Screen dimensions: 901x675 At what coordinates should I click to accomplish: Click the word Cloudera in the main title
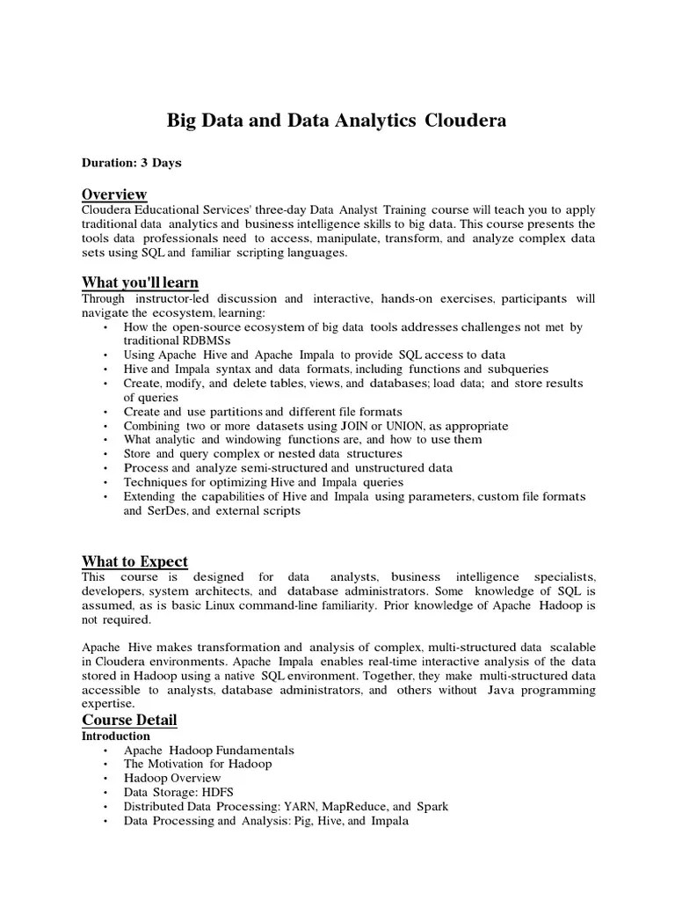point(466,121)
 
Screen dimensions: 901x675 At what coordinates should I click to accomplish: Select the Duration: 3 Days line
point(132,163)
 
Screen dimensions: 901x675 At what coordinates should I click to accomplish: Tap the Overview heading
point(114,194)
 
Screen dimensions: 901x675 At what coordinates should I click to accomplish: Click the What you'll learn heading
point(140,282)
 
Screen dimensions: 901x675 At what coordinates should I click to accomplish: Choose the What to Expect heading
point(134,561)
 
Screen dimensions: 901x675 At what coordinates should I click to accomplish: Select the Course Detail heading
point(129,720)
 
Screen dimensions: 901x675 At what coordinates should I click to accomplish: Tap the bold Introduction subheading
point(116,736)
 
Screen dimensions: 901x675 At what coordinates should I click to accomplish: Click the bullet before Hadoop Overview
point(105,779)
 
